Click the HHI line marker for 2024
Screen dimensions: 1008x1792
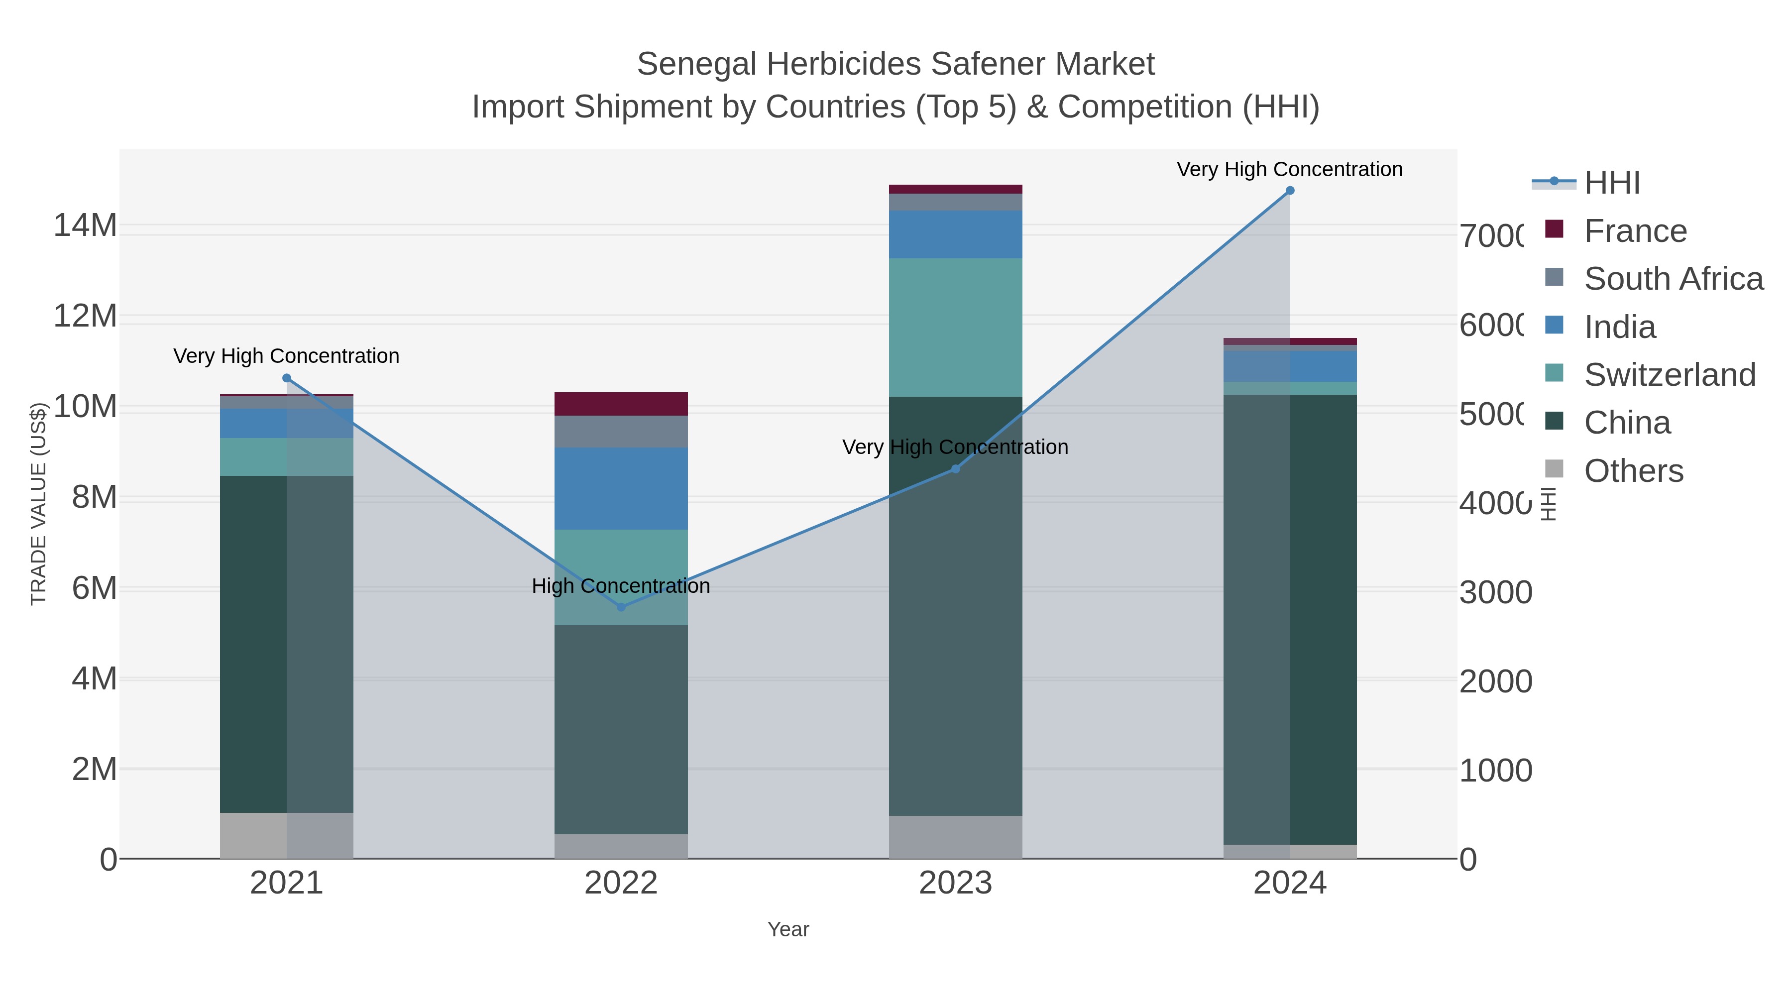[x=1290, y=191]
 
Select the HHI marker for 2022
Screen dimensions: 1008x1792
[x=621, y=607]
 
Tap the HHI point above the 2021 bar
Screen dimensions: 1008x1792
[x=287, y=378]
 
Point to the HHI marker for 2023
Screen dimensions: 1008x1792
[x=955, y=469]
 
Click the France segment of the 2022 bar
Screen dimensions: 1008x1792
[x=621, y=404]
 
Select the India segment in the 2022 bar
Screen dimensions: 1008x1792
[x=621, y=488]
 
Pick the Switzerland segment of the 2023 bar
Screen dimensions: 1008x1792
[x=955, y=328]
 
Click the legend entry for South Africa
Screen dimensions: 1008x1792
[x=1673, y=279]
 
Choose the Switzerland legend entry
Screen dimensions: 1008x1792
[x=1669, y=375]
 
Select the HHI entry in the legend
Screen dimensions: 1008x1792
[x=1612, y=183]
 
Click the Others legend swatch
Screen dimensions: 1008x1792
[x=1554, y=469]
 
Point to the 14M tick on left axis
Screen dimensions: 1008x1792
[x=85, y=225]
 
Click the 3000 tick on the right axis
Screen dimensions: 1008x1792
[x=1496, y=593]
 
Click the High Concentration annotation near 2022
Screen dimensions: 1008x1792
[x=621, y=586]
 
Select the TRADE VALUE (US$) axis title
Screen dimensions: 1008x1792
[x=38, y=504]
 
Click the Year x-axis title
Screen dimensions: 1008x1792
[x=787, y=929]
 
